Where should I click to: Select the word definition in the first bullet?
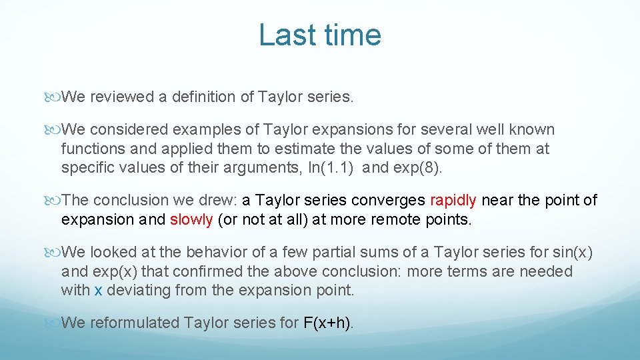point(204,97)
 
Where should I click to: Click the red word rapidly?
point(453,200)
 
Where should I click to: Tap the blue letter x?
point(98,290)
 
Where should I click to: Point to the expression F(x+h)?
point(328,323)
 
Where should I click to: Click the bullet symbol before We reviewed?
point(54,97)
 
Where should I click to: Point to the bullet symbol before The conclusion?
point(54,200)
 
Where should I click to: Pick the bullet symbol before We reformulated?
point(54,323)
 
